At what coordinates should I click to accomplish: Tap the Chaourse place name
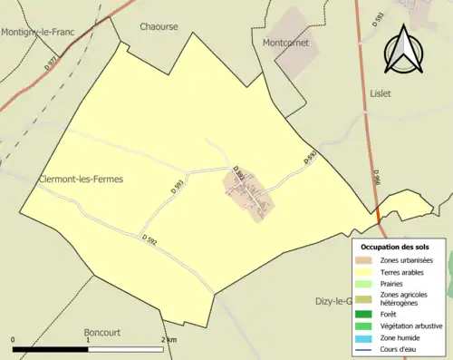click(158, 27)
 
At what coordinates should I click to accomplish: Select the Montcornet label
click(285, 43)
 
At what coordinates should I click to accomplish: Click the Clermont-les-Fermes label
click(81, 180)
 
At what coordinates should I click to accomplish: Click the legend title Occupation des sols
click(395, 247)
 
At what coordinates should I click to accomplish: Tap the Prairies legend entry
click(395, 284)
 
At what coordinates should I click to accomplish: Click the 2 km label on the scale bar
click(169, 340)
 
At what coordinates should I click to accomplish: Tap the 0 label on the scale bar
click(14, 340)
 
